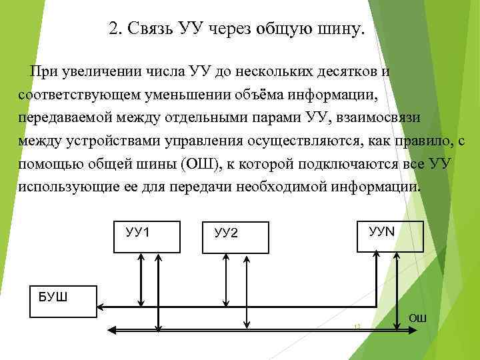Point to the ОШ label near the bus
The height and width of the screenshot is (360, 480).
[417, 318]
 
